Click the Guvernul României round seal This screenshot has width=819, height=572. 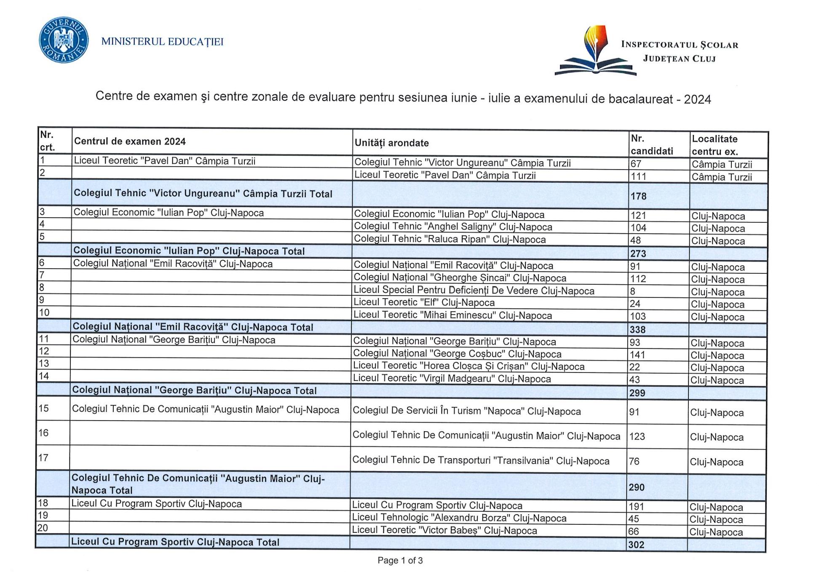(x=64, y=40)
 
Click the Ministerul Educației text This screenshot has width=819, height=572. (x=162, y=42)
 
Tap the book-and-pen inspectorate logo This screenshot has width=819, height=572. (x=595, y=51)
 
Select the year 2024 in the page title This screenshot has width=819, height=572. (x=697, y=100)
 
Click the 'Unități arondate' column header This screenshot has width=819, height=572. (x=391, y=143)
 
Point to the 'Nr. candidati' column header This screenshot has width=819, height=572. (x=651, y=145)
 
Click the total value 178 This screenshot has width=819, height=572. (x=638, y=196)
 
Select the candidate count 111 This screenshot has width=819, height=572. (x=638, y=176)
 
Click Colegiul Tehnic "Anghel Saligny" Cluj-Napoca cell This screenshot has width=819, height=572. (x=453, y=227)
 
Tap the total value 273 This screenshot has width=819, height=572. (x=638, y=254)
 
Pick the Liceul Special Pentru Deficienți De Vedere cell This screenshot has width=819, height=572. (x=474, y=291)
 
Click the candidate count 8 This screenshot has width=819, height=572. (x=633, y=291)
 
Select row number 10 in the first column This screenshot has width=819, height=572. (x=44, y=313)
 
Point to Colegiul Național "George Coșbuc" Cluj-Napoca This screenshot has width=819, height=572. (x=457, y=354)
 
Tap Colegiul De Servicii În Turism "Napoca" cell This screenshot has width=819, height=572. (x=466, y=411)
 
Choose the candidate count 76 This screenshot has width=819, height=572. (x=634, y=461)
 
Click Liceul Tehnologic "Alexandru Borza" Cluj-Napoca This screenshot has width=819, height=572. (x=459, y=518)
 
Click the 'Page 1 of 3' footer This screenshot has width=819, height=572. (x=400, y=560)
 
